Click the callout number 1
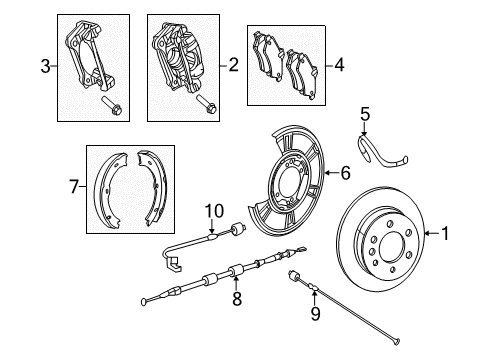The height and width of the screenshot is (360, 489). click(474, 262)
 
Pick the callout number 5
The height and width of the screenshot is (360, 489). click(365, 113)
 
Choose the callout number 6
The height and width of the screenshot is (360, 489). click(344, 173)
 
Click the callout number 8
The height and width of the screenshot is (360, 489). click(237, 297)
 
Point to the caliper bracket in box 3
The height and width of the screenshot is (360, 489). click(88, 55)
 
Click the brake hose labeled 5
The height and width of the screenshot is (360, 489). click(382, 146)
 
